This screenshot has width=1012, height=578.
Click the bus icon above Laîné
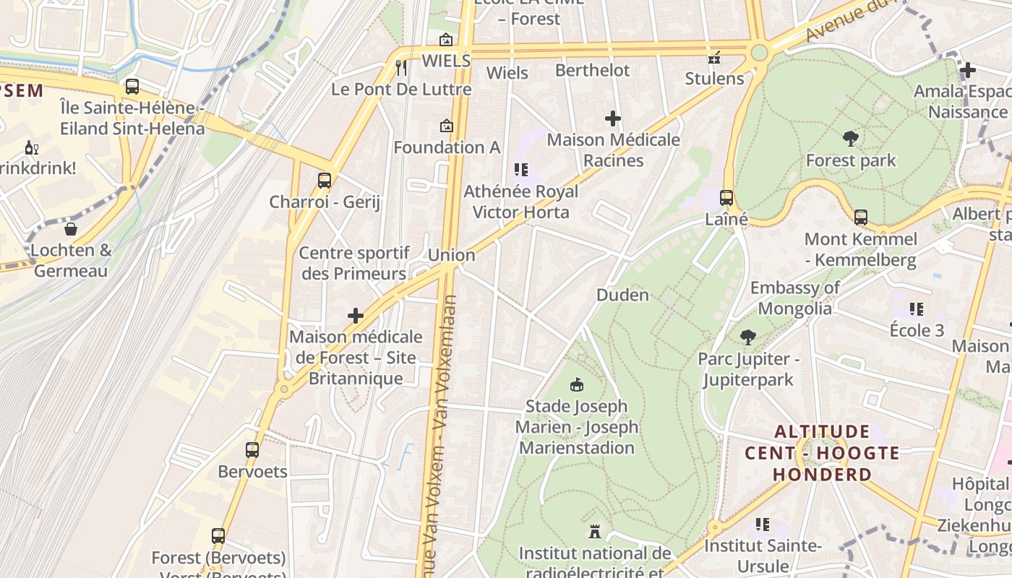[726, 197]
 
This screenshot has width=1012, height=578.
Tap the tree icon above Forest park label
[851, 138]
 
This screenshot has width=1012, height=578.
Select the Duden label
[622, 295]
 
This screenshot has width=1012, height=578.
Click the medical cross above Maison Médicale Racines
[613, 118]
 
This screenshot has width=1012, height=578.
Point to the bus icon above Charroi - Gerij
[325, 180]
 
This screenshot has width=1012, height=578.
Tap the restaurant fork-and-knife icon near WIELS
[402, 67]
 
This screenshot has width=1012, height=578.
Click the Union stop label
[452, 255]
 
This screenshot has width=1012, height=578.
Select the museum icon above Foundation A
[447, 126]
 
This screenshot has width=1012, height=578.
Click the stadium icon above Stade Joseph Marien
[577, 384]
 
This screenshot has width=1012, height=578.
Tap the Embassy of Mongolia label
[794, 298]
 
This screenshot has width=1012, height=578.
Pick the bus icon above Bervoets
[252, 449]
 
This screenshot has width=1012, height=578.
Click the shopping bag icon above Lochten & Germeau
[71, 229]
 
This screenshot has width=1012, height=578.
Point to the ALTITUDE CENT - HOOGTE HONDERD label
[822, 453]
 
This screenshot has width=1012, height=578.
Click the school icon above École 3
[917, 309]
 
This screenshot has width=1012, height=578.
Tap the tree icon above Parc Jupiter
[748, 337]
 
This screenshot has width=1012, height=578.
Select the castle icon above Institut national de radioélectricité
[595, 532]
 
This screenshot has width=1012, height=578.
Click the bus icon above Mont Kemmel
[860, 217]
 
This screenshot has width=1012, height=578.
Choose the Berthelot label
[592, 70]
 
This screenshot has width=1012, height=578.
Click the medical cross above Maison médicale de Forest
[355, 316]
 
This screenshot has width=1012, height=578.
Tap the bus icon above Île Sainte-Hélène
[132, 87]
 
